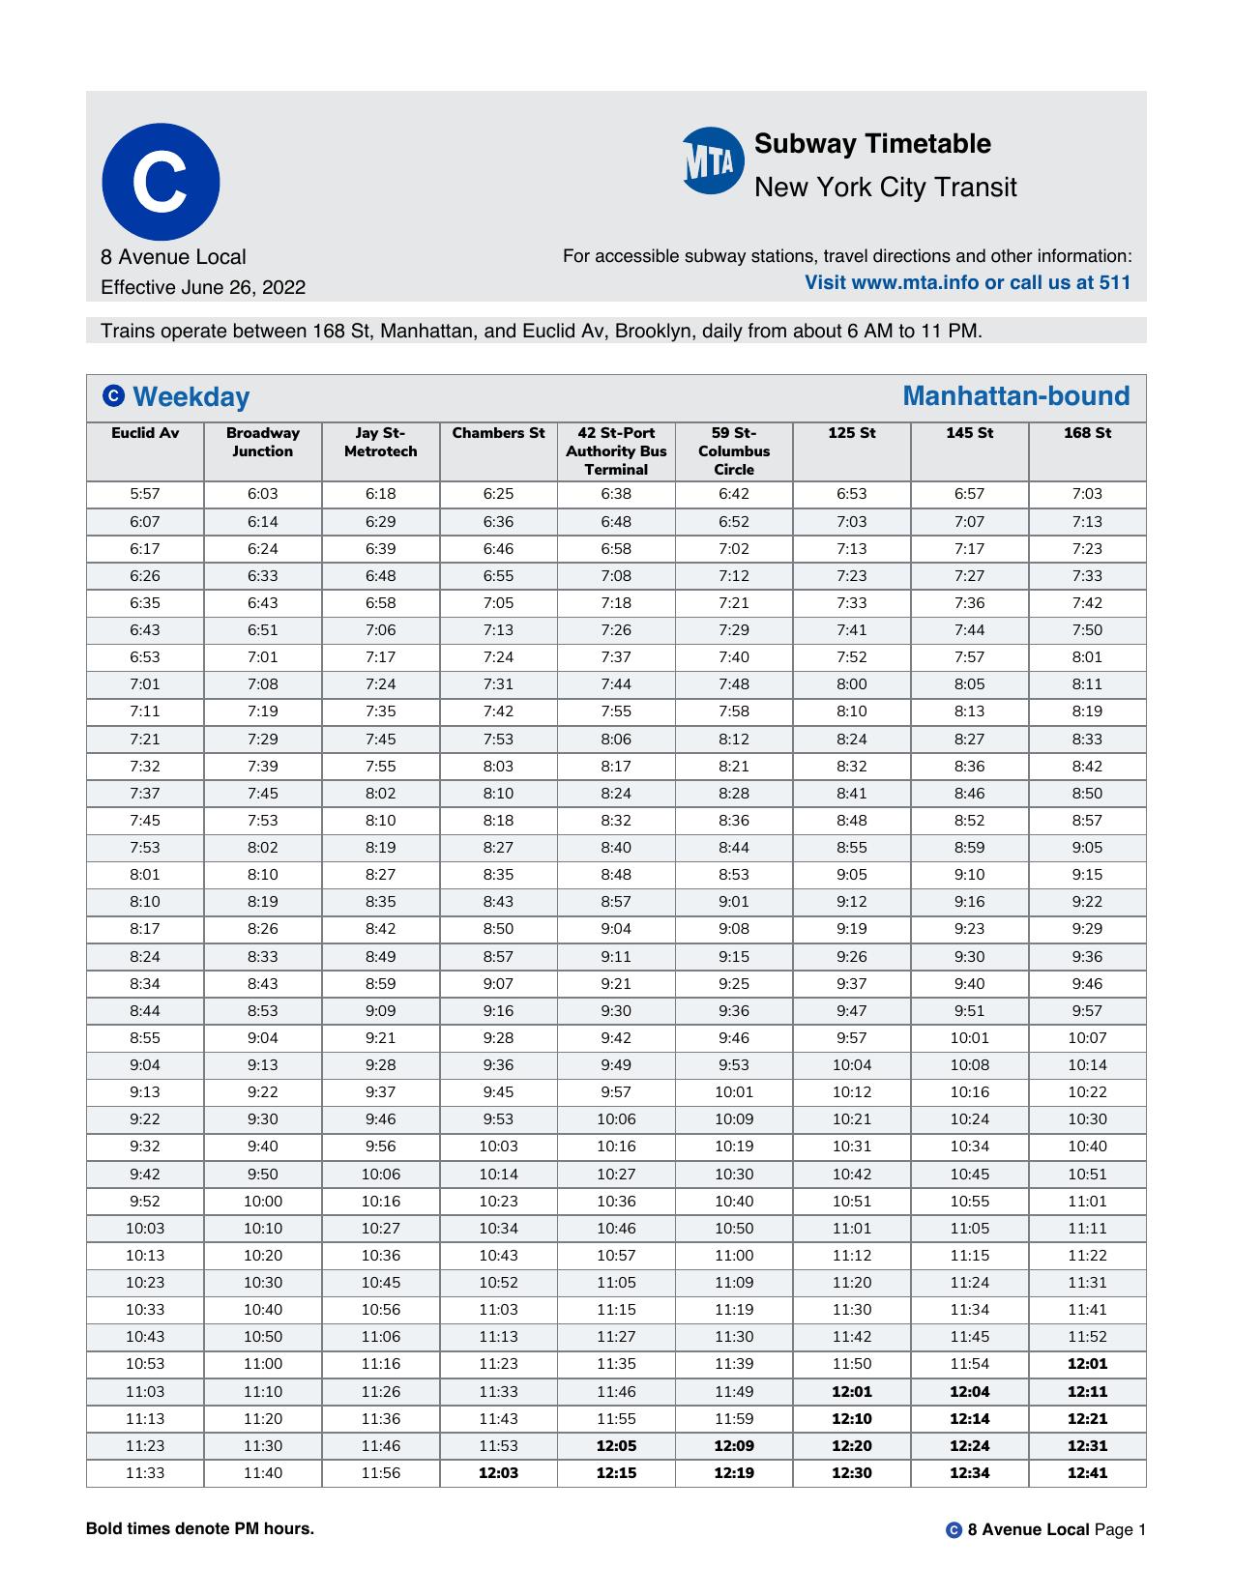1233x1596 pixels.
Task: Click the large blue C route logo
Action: point(161,182)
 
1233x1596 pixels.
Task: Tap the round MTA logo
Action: point(713,160)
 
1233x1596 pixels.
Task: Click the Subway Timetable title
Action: point(871,144)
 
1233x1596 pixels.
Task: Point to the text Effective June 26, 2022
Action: point(203,287)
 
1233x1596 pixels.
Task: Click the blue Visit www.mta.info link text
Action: point(967,282)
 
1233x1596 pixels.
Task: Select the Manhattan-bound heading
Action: point(1015,396)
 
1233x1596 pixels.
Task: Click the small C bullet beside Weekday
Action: point(113,396)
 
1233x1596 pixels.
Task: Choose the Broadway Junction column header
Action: point(262,442)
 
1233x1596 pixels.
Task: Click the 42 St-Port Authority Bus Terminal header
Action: point(616,450)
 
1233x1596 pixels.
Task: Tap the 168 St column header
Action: point(1087,433)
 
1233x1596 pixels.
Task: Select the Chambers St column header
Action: point(498,433)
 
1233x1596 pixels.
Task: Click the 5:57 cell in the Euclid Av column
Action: point(145,494)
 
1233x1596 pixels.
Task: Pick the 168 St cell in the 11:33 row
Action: point(1087,1473)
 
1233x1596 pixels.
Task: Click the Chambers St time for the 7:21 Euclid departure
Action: point(498,739)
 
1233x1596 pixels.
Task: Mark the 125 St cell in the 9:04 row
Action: point(851,1064)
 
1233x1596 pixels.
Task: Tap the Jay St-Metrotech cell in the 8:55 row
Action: point(380,1037)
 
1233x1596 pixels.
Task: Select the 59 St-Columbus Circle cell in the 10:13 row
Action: point(733,1255)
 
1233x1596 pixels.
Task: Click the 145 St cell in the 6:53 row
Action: point(969,656)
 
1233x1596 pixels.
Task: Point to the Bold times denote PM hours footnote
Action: point(200,1528)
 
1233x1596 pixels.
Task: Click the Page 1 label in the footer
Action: point(1119,1529)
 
